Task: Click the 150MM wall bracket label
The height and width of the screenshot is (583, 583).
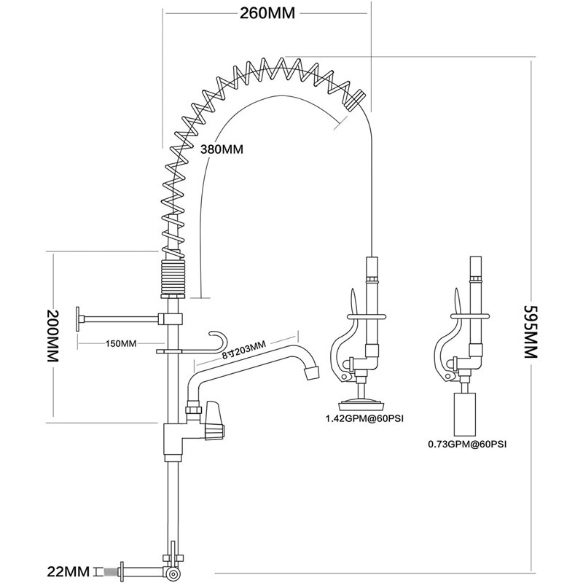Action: click(121, 343)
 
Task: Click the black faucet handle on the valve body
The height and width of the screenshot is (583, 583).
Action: click(213, 420)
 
